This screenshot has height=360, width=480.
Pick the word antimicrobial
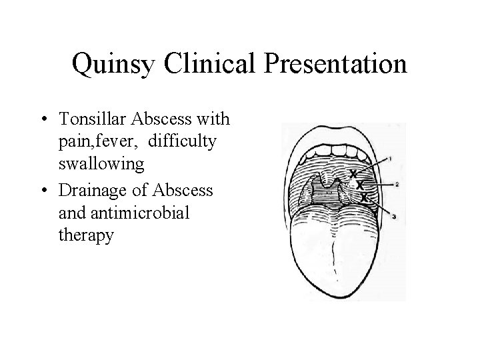coord(134,213)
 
